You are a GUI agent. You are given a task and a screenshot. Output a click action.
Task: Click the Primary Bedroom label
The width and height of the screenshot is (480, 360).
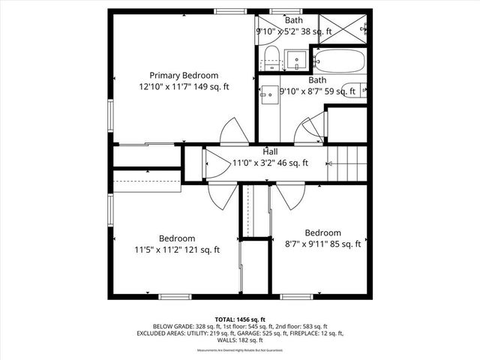click(x=184, y=75)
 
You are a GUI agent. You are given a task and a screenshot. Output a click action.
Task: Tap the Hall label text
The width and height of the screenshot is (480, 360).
click(x=271, y=151)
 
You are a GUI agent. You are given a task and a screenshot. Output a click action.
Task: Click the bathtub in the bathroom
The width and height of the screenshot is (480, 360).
click(x=338, y=61)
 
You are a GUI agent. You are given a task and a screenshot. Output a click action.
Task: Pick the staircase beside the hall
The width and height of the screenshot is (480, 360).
click(x=347, y=163)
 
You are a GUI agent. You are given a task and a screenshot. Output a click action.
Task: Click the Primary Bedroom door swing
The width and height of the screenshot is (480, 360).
click(x=233, y=132)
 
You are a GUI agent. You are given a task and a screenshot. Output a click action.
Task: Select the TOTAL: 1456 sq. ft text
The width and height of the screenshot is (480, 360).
click(x=239, y=319)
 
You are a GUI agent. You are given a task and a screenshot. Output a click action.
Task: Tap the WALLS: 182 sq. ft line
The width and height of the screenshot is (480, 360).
click(x=239, y=340)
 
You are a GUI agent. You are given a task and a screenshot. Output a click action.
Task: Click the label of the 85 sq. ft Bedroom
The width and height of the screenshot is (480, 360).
click(x=323, y=232)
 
